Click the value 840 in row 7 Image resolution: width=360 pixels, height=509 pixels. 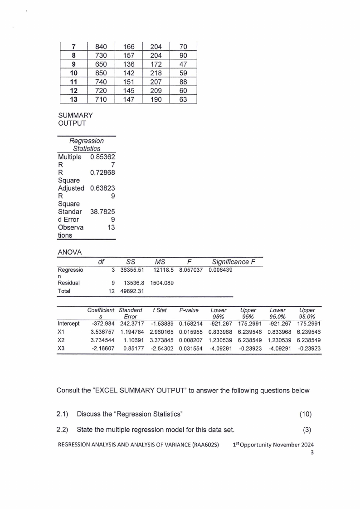pos(101,46)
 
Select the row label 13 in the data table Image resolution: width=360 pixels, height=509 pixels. pos(73,98)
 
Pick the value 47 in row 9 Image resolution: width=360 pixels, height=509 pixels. pos(183,64)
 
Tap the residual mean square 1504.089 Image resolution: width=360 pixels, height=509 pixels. pos(161,283)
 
